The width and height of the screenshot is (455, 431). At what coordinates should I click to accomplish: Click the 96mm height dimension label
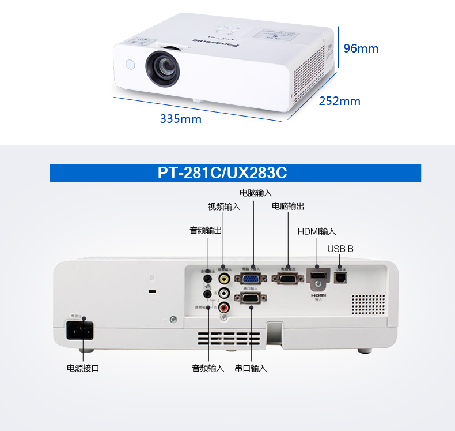[x=361, y=48]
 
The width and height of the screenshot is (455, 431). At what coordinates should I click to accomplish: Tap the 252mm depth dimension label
[x=339, y=102]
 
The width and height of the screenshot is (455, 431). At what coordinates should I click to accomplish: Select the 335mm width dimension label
[x=180, y=119]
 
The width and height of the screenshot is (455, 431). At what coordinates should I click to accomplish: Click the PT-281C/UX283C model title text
[x=222, y=173]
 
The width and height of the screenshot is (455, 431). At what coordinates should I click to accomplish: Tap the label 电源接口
[x=83, y=368]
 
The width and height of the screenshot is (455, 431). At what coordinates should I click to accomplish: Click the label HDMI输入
[x=317, y=231]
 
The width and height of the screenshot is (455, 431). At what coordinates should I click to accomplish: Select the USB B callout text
[x=340, y=249]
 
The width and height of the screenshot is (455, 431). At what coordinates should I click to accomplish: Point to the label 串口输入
[x=251, y=368]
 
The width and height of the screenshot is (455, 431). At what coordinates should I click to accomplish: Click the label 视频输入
[x=224, y=207]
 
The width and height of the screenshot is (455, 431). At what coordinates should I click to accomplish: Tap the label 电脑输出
[x=288, y=206]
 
